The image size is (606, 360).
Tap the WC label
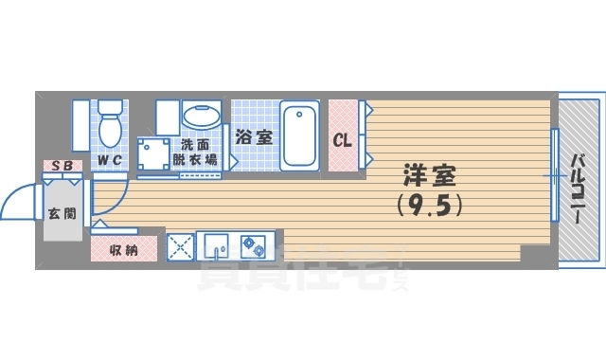click(x=109, y=160)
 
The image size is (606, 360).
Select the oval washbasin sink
click(x=200, y=118)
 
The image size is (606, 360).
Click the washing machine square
click(x=153, y=153)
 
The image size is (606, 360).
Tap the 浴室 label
click(x=254, y=136)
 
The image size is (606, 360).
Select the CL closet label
click(x=342, y=140)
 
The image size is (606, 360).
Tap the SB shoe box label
click(x=62, y=167)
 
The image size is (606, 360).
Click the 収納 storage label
click(x=117, y=250)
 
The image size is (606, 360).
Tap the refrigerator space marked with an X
click(x=180, y=245)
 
